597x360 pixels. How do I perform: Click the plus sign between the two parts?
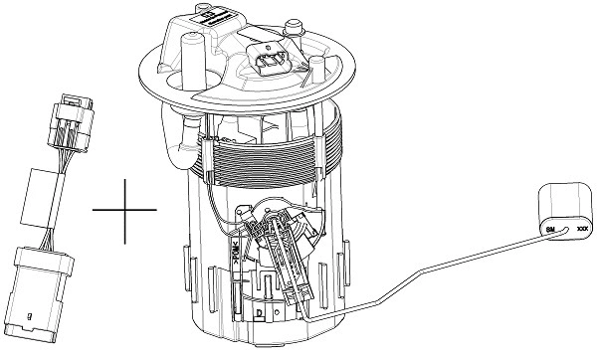point(124,210)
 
